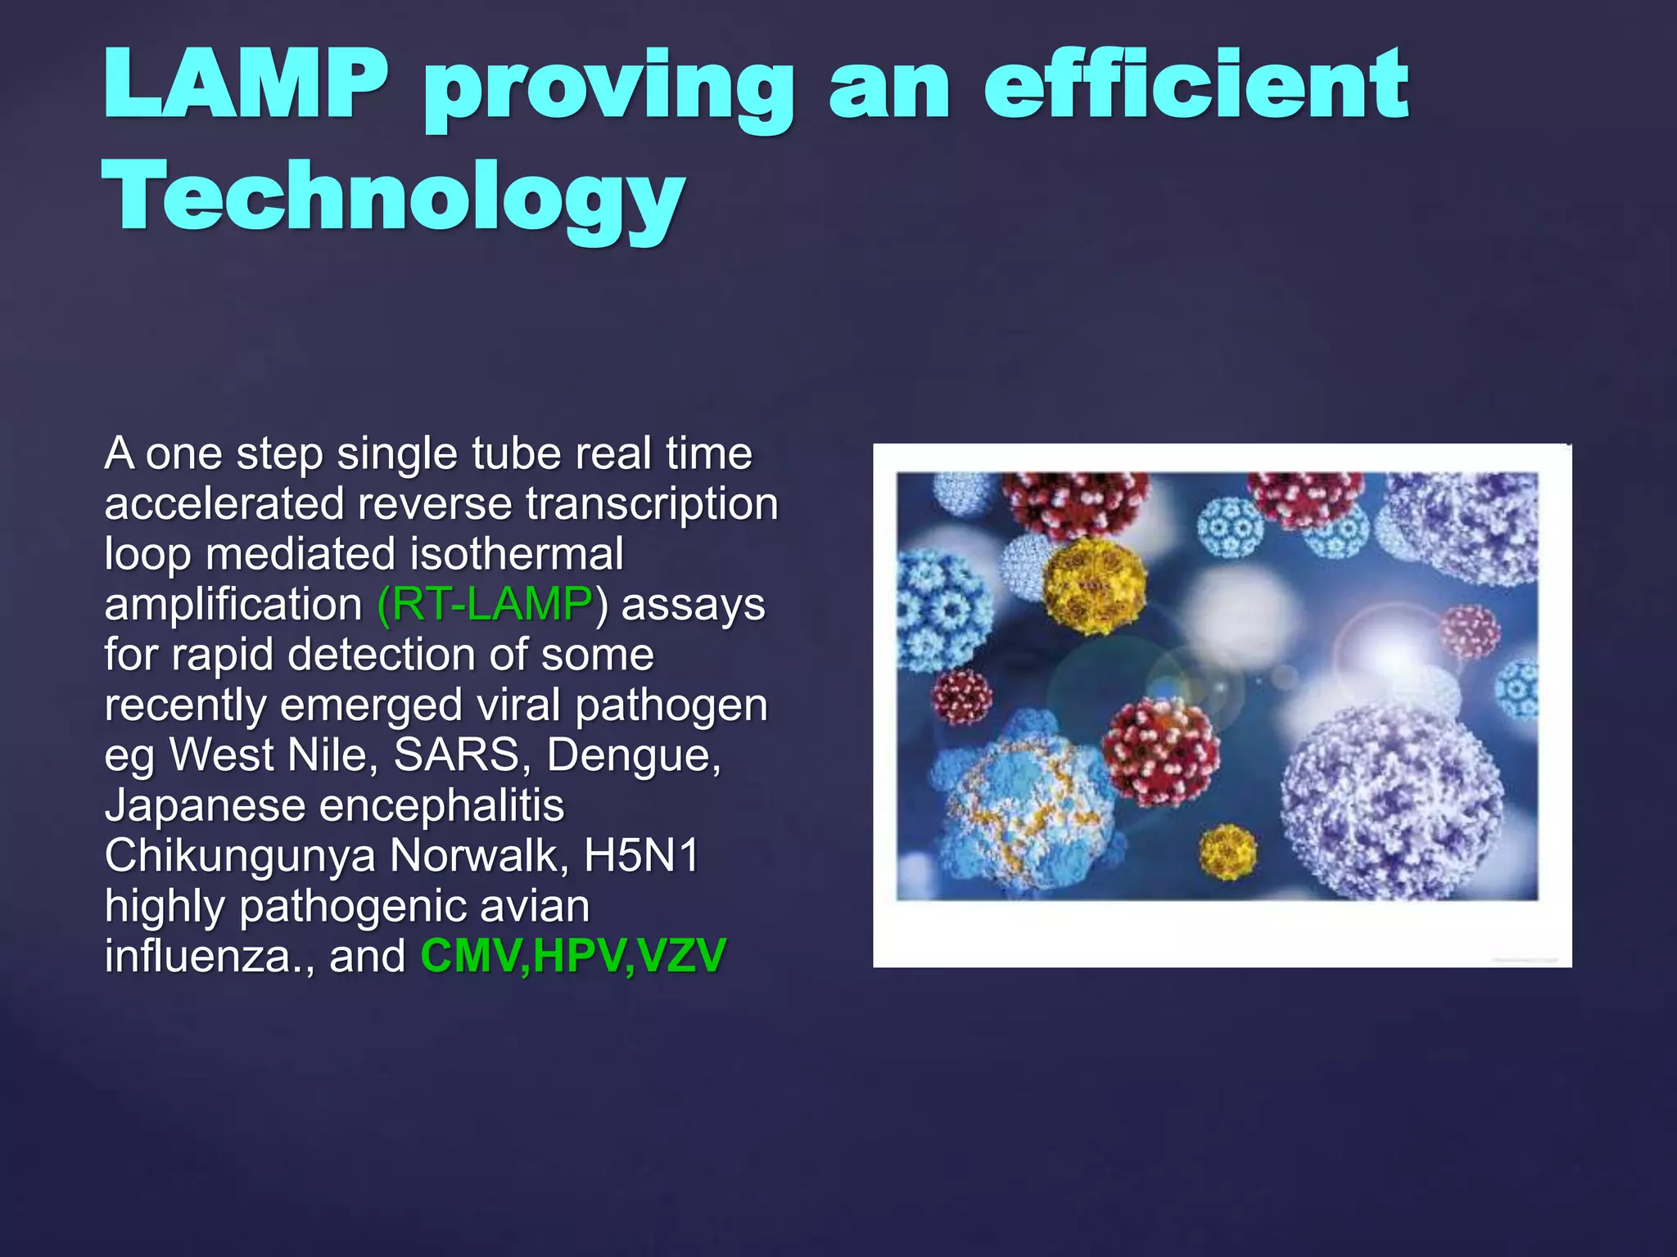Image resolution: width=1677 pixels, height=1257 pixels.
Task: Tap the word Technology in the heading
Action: click(393, 197)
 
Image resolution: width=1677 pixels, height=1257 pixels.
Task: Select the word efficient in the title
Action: click(1196, 85)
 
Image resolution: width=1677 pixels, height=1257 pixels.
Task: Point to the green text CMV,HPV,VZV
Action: click(573, 956)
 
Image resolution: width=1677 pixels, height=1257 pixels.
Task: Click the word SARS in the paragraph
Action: click(457, 755)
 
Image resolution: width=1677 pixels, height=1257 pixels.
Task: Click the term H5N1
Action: click(641, 855)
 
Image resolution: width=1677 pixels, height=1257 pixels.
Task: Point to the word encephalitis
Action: click(441, 806)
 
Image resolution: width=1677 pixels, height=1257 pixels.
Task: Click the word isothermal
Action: click(517, 554)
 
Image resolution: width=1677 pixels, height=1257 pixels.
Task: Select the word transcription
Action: click(652, 503)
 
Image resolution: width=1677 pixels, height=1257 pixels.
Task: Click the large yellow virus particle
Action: click(1095, 586)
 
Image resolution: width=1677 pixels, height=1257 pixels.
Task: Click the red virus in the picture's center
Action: click(1159, 751)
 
